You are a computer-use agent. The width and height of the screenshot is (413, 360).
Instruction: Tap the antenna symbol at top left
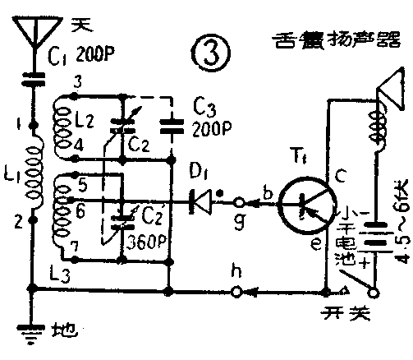34,34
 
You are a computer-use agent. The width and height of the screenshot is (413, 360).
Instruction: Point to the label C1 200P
86,57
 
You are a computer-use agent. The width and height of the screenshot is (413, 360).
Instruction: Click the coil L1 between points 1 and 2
35,173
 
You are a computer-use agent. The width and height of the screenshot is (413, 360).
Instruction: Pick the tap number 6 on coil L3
83,210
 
